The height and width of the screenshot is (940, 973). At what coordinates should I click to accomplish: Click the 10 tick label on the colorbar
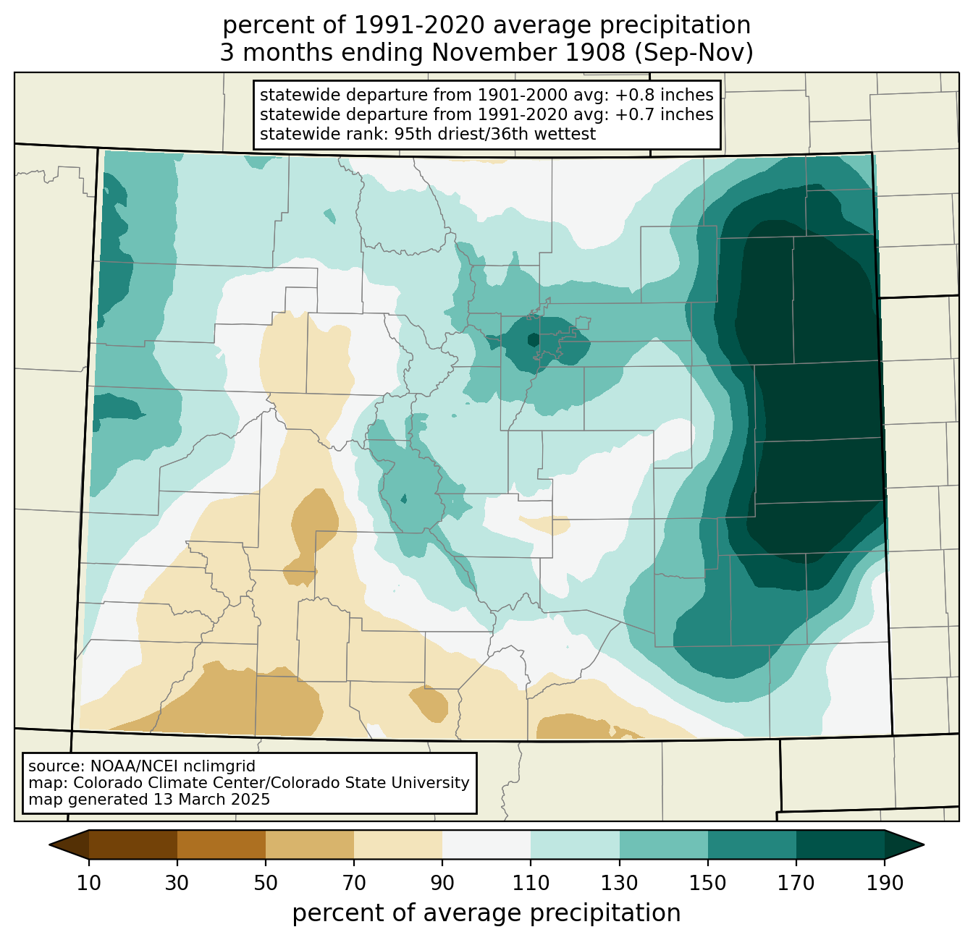tap(89, 883)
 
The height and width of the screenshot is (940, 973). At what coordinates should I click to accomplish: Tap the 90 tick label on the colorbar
tap(442, 883)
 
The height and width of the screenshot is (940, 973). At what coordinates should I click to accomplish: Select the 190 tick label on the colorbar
tap(885, 883)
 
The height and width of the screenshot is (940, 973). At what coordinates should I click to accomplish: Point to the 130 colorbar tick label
tap(620, 883)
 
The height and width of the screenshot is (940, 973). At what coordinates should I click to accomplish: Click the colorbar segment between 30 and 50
tap(222, 844)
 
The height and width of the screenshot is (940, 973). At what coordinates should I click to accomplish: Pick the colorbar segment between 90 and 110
tap(486, 844)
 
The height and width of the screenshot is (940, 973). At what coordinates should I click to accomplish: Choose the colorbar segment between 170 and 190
tap(840, 844)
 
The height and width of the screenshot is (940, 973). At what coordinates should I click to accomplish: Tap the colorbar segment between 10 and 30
tap(133, 844)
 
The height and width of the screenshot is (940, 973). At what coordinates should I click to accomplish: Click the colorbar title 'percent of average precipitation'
tap(486, 913)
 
